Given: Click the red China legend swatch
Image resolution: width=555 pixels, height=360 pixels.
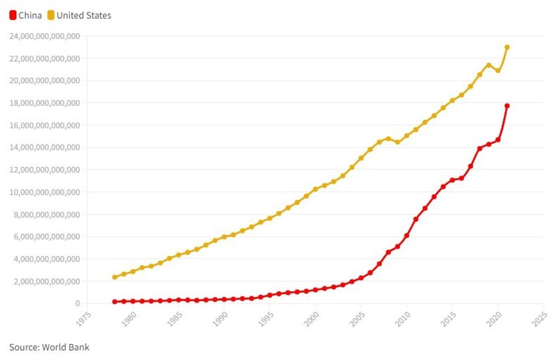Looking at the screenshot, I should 13,15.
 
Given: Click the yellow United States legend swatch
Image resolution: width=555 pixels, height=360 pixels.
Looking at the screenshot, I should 50,15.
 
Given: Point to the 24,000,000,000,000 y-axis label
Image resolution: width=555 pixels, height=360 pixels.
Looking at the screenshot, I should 45,36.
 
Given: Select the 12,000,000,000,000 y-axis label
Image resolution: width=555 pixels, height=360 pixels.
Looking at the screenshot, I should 45,170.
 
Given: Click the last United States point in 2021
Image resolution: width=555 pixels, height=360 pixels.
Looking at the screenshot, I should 507,47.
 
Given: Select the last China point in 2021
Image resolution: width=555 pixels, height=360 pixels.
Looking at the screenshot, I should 507,106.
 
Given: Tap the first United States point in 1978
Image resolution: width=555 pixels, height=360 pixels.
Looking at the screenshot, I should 114,277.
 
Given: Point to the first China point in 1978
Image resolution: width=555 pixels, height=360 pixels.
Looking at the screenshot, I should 114,302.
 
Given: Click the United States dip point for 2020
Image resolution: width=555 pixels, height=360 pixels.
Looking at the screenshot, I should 498,71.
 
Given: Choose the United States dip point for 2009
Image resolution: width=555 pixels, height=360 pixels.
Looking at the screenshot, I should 398,142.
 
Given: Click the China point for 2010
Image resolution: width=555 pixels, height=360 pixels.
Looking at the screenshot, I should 407,235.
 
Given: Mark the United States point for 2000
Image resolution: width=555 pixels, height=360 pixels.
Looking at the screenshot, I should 315,189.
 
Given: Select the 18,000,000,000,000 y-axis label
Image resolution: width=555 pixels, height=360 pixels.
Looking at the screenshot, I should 45,103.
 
